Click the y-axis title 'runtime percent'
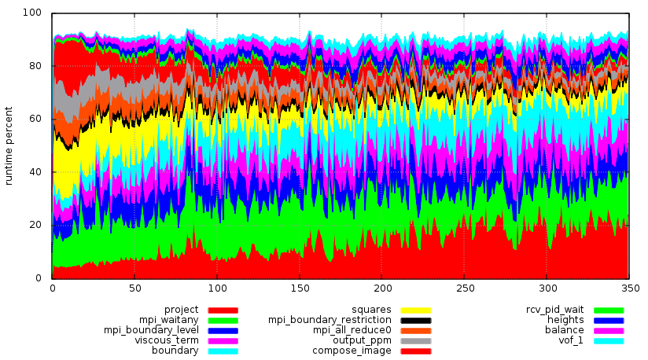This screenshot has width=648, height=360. tap(9, 145)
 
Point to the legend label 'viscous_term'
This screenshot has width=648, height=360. tap(167, 340)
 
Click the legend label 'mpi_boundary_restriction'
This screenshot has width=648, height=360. tap(330, 320)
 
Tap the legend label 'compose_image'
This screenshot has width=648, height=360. tap(352, 351)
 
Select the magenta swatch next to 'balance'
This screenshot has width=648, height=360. tap(608, 331)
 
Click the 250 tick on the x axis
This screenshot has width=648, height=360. tap(464, 287)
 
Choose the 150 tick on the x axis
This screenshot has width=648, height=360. tap(299, 287)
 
